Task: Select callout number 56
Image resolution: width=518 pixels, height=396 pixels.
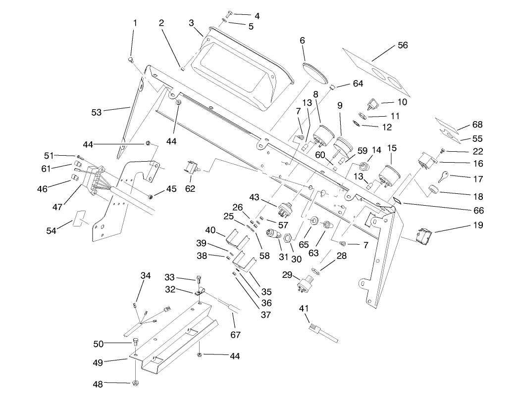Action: tap(403, 45)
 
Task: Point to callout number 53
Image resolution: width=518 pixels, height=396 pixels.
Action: tap(96, 112)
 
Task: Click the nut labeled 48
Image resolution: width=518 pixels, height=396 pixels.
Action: tap(135, 383)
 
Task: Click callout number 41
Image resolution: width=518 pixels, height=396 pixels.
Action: tap(304, 308)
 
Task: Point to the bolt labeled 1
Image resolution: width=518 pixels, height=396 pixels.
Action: tap(131, 60)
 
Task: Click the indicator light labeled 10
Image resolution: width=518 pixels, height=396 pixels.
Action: tap(373, 103)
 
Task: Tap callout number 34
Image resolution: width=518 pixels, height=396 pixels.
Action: tap(146, 275)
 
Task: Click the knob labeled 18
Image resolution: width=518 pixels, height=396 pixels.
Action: tap(433, 189)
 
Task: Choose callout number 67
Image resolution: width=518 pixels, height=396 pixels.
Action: tap(235, 335)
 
